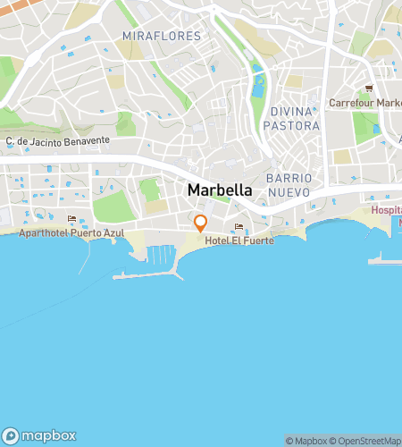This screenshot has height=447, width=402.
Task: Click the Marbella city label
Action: pyautogui.click(x=220, y=190)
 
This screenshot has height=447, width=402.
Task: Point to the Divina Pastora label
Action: pyautogui.click(x=291, y=118)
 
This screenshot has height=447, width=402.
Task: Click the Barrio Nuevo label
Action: pyautogui.click(x=288, y=185)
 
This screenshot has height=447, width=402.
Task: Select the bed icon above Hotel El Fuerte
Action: pyautogui.click(x=239, y=227)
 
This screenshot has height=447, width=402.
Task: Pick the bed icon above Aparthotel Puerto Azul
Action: pyautogui.click(x=71, y=218)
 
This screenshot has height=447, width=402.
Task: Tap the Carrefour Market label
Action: pyautogui.click(x=364, y=103)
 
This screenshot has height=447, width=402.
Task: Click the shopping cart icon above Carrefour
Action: pyautogui.click(x=369, y=89)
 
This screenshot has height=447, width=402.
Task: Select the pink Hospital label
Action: pyautogui.click(x=386, y=210)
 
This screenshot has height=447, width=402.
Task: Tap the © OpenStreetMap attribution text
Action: pyautogui.click(x=366, y=441)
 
